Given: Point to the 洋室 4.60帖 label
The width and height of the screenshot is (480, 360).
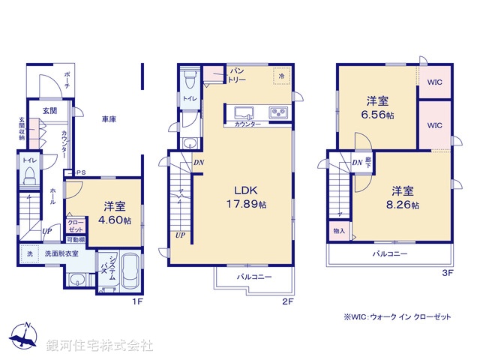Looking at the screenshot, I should click(114, 214).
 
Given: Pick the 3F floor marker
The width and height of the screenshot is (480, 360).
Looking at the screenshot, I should click(448, 274).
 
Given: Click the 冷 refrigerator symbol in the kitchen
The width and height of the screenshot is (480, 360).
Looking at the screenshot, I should click(282, 76).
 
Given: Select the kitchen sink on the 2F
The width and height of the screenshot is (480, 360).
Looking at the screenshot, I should click(244, 113).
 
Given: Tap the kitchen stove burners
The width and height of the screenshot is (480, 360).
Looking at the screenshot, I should click(279, 113).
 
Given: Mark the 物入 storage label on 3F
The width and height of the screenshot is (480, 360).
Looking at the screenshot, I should click(338, 231).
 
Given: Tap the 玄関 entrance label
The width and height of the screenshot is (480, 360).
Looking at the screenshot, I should click(49, 111).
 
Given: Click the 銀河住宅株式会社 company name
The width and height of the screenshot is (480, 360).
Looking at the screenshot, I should click(100, 346).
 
